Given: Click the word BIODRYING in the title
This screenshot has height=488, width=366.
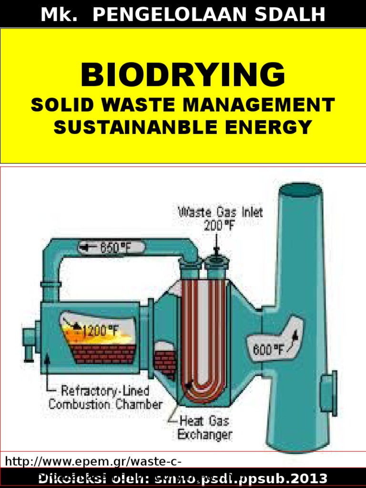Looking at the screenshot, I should click(183, 75).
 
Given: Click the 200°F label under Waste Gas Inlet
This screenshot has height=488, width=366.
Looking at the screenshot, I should click(219, 225).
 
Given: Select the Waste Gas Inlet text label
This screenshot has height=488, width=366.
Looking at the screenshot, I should click(220, 212).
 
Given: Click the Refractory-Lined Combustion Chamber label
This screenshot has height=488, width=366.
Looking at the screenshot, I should click(105, 398).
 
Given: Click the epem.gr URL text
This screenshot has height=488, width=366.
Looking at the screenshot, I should click(93, 461).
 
